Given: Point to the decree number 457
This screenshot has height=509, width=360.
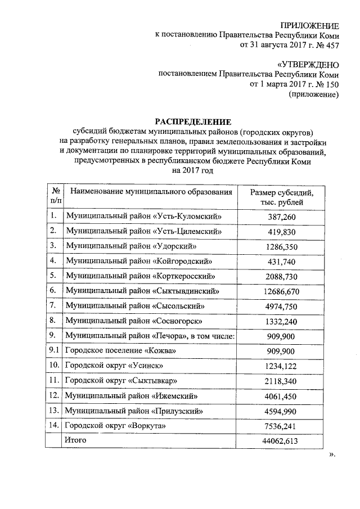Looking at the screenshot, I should point(331,45).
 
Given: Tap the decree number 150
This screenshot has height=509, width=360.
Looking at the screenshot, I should point(331,84).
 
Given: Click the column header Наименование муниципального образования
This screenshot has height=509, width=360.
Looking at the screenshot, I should point(151,192).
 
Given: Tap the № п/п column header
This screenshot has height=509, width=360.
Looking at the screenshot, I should point(56,197).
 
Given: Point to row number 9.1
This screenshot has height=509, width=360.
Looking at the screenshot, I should point(55,351).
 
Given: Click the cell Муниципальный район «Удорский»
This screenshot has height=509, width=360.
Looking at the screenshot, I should point(131,246).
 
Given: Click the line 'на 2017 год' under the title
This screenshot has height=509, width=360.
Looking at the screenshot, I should point(193,170).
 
